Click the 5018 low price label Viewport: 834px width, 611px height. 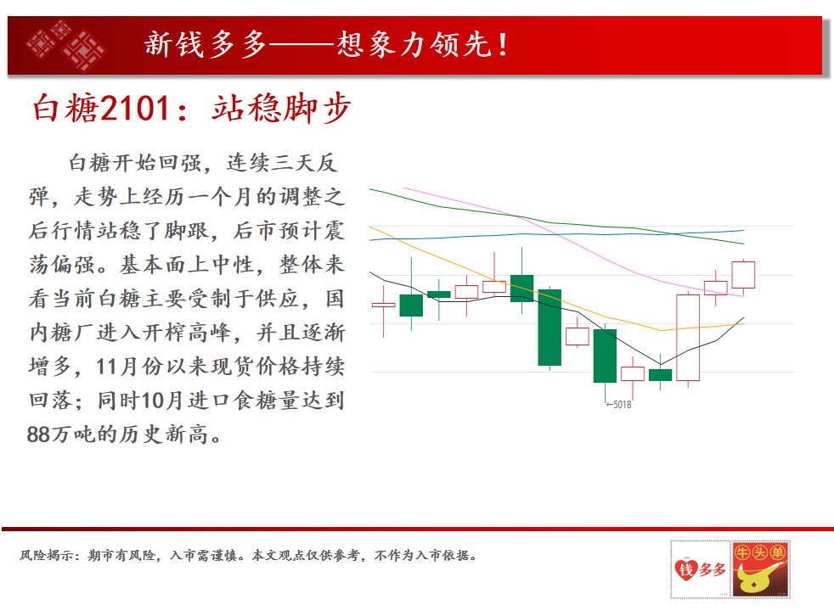click(x=618, y=404)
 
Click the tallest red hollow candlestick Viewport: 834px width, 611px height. click(x=688, y=338)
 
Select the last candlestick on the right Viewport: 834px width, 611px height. click(x=743, y=275)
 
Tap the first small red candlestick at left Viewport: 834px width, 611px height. click(x=384, y=305)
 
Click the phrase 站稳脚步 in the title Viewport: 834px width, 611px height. click(x=281, y=108)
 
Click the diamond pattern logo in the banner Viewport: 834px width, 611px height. click(x=66, y=45)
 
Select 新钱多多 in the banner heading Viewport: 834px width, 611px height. click(x=206, y=44)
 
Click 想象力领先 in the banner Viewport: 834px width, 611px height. click(x=414, y=44)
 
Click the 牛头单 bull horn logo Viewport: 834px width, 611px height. click(x=760, y=569)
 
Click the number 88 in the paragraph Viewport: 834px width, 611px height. click(x=39, y=434)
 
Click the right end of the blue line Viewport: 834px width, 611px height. click(x=744, y=231)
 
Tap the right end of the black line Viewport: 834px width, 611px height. click(x=744, y=317)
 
